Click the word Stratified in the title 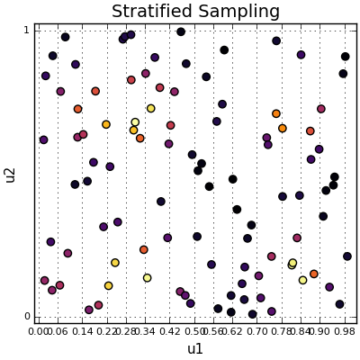[x=150, y=12]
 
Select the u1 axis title [x=195, y=349]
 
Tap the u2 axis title [x=11, y=174]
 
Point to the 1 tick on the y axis [x=26, y=31]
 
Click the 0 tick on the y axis [x=26, y=317]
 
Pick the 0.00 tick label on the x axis [x=39, y=331]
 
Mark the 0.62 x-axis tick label [x=229, y=331]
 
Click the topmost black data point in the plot [x=181, y=31]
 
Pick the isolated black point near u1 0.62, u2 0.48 [x=232, y=179]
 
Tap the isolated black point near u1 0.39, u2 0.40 [x=161, y=202]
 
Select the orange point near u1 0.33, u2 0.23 [x=144, y=250]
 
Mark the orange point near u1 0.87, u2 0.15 [x=314, y=274]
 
